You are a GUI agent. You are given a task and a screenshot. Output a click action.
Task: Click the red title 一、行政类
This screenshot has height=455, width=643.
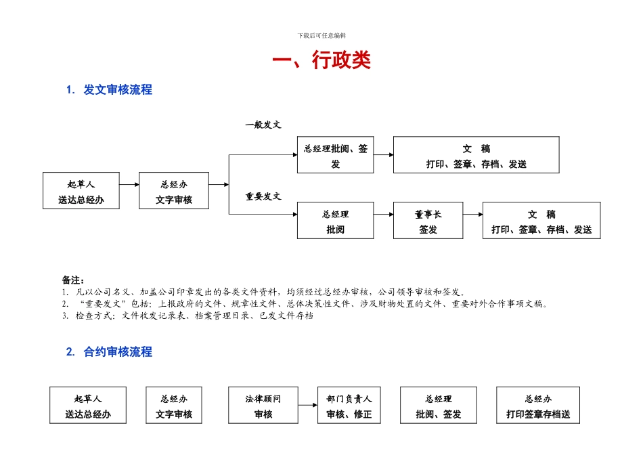pos(321,61)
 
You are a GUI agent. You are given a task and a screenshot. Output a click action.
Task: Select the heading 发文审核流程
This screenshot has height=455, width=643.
pos(117,89)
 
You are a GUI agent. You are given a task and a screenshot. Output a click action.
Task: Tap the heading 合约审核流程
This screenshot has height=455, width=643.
pos(117,351)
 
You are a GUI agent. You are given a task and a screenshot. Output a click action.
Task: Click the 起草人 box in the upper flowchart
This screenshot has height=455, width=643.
pos(81,191)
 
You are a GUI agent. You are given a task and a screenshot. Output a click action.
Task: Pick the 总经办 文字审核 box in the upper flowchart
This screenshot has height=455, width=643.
pos(174,191)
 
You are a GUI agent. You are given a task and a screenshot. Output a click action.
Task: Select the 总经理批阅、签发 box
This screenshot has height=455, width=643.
pos(335,155)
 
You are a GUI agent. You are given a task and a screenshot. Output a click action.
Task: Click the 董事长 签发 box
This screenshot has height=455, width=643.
pos(428,221)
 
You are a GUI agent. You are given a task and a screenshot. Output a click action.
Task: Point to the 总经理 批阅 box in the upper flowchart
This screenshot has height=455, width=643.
pos(335,221)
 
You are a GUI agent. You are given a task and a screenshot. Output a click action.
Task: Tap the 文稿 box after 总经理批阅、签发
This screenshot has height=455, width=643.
pos(476,155)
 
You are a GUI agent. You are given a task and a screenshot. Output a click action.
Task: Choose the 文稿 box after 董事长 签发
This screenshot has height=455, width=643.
pos(541,221)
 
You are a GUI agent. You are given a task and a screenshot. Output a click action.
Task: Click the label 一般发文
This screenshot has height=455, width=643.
pos(263,125)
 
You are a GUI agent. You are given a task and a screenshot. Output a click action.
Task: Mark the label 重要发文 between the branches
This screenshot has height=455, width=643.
pos(263,196)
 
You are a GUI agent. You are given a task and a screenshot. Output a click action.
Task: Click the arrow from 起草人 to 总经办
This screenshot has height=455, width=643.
pos(129,183)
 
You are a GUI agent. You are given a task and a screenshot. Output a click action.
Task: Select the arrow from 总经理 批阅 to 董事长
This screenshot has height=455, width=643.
pos(383,215)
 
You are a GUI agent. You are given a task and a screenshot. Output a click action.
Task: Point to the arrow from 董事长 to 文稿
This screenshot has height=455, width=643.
pos(472,215)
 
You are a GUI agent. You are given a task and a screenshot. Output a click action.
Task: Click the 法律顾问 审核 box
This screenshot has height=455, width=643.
pos(263,406)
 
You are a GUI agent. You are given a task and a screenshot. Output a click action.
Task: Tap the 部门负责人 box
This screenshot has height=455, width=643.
pos(354,406)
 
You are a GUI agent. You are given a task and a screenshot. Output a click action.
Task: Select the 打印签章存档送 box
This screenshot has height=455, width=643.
pos(538,406)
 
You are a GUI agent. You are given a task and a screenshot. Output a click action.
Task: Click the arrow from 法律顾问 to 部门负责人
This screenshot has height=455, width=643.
pos(307,406)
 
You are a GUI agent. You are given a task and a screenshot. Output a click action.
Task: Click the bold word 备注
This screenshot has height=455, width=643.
pos(72,280)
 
